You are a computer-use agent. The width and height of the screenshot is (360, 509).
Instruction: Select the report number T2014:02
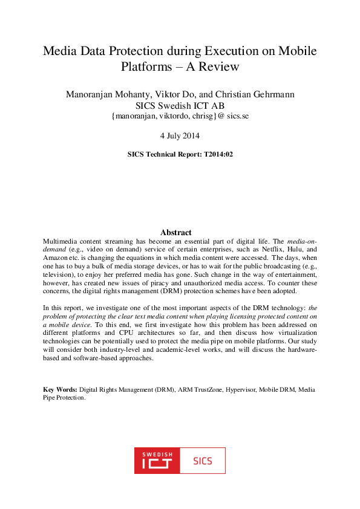pyautogui.click(x=217, y=154)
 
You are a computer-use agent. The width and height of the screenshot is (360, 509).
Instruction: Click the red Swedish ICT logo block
pyautogui.click(x=157, y=461)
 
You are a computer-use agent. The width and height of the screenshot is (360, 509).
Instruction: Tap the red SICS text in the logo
pyautogui.click(x=203, y=461)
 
